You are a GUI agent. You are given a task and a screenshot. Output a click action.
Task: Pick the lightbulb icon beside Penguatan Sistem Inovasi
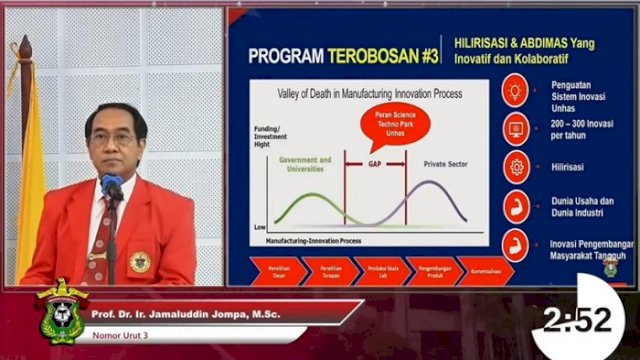[516, 93]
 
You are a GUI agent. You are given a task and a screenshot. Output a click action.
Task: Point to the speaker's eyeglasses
[116, 139]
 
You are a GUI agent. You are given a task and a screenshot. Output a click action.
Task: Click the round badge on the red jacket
[140, 262]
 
